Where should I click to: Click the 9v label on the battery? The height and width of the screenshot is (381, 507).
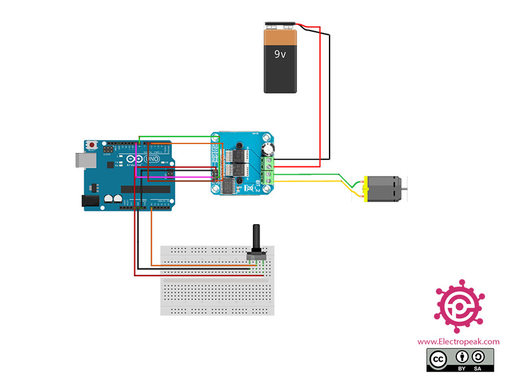279,54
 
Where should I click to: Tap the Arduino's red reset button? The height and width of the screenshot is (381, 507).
94,145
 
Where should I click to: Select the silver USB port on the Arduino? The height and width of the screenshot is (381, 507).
80,159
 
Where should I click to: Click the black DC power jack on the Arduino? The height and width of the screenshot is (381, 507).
91,201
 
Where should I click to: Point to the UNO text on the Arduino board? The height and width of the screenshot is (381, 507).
152,159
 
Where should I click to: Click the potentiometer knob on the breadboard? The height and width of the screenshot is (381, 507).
256,239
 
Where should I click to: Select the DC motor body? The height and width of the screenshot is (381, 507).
380,188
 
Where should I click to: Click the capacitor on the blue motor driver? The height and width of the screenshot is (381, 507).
267,149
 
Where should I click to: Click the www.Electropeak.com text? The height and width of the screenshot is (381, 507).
458,342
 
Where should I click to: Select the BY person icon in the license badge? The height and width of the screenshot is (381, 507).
463,356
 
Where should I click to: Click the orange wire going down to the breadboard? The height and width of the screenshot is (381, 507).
151,235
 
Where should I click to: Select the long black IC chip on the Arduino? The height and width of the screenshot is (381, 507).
146,189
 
